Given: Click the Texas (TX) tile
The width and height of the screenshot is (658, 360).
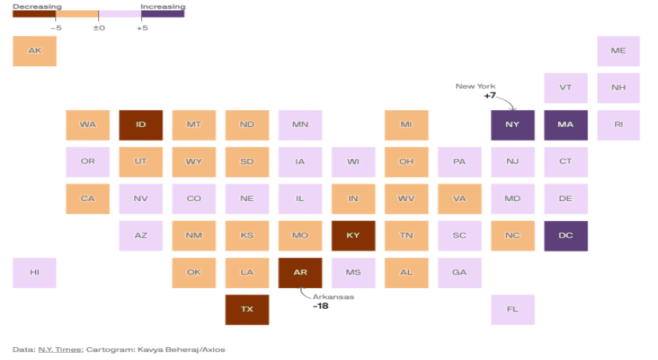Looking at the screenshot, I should [x=247, y=309].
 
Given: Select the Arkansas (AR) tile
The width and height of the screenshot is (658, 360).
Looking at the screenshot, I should [x=300, y=272].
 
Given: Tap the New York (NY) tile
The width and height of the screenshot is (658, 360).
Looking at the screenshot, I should [x=513, y=125].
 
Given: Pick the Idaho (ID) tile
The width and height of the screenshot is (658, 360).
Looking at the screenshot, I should [x=141, y=125].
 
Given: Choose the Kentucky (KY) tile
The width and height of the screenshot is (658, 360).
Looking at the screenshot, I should [x=353, y=235].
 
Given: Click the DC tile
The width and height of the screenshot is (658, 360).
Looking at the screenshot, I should [x=565, y=235].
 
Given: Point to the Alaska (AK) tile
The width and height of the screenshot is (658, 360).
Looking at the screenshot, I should [x=34, y=51].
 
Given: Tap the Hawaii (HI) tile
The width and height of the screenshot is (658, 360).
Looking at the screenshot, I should [x=34, y=272].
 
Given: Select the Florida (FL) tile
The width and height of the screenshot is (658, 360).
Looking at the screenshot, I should [x=513, y=309].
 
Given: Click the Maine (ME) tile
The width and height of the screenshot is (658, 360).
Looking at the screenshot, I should [x=618, y=51].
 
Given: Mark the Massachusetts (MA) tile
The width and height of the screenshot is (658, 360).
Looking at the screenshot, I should [x=565, y=125].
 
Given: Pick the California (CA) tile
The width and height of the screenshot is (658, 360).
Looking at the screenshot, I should [x=88, y=199].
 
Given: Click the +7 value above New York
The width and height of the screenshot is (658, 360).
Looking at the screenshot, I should [x=490, y=96].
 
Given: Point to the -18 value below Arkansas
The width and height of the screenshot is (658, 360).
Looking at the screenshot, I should [x=320, y=306].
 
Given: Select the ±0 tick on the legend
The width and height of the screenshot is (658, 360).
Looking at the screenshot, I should [x=99, y=28].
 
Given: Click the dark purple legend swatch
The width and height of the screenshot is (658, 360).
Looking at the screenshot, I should [x=163, y=14].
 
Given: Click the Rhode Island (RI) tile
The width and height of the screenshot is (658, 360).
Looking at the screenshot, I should [x=618, y=125].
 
